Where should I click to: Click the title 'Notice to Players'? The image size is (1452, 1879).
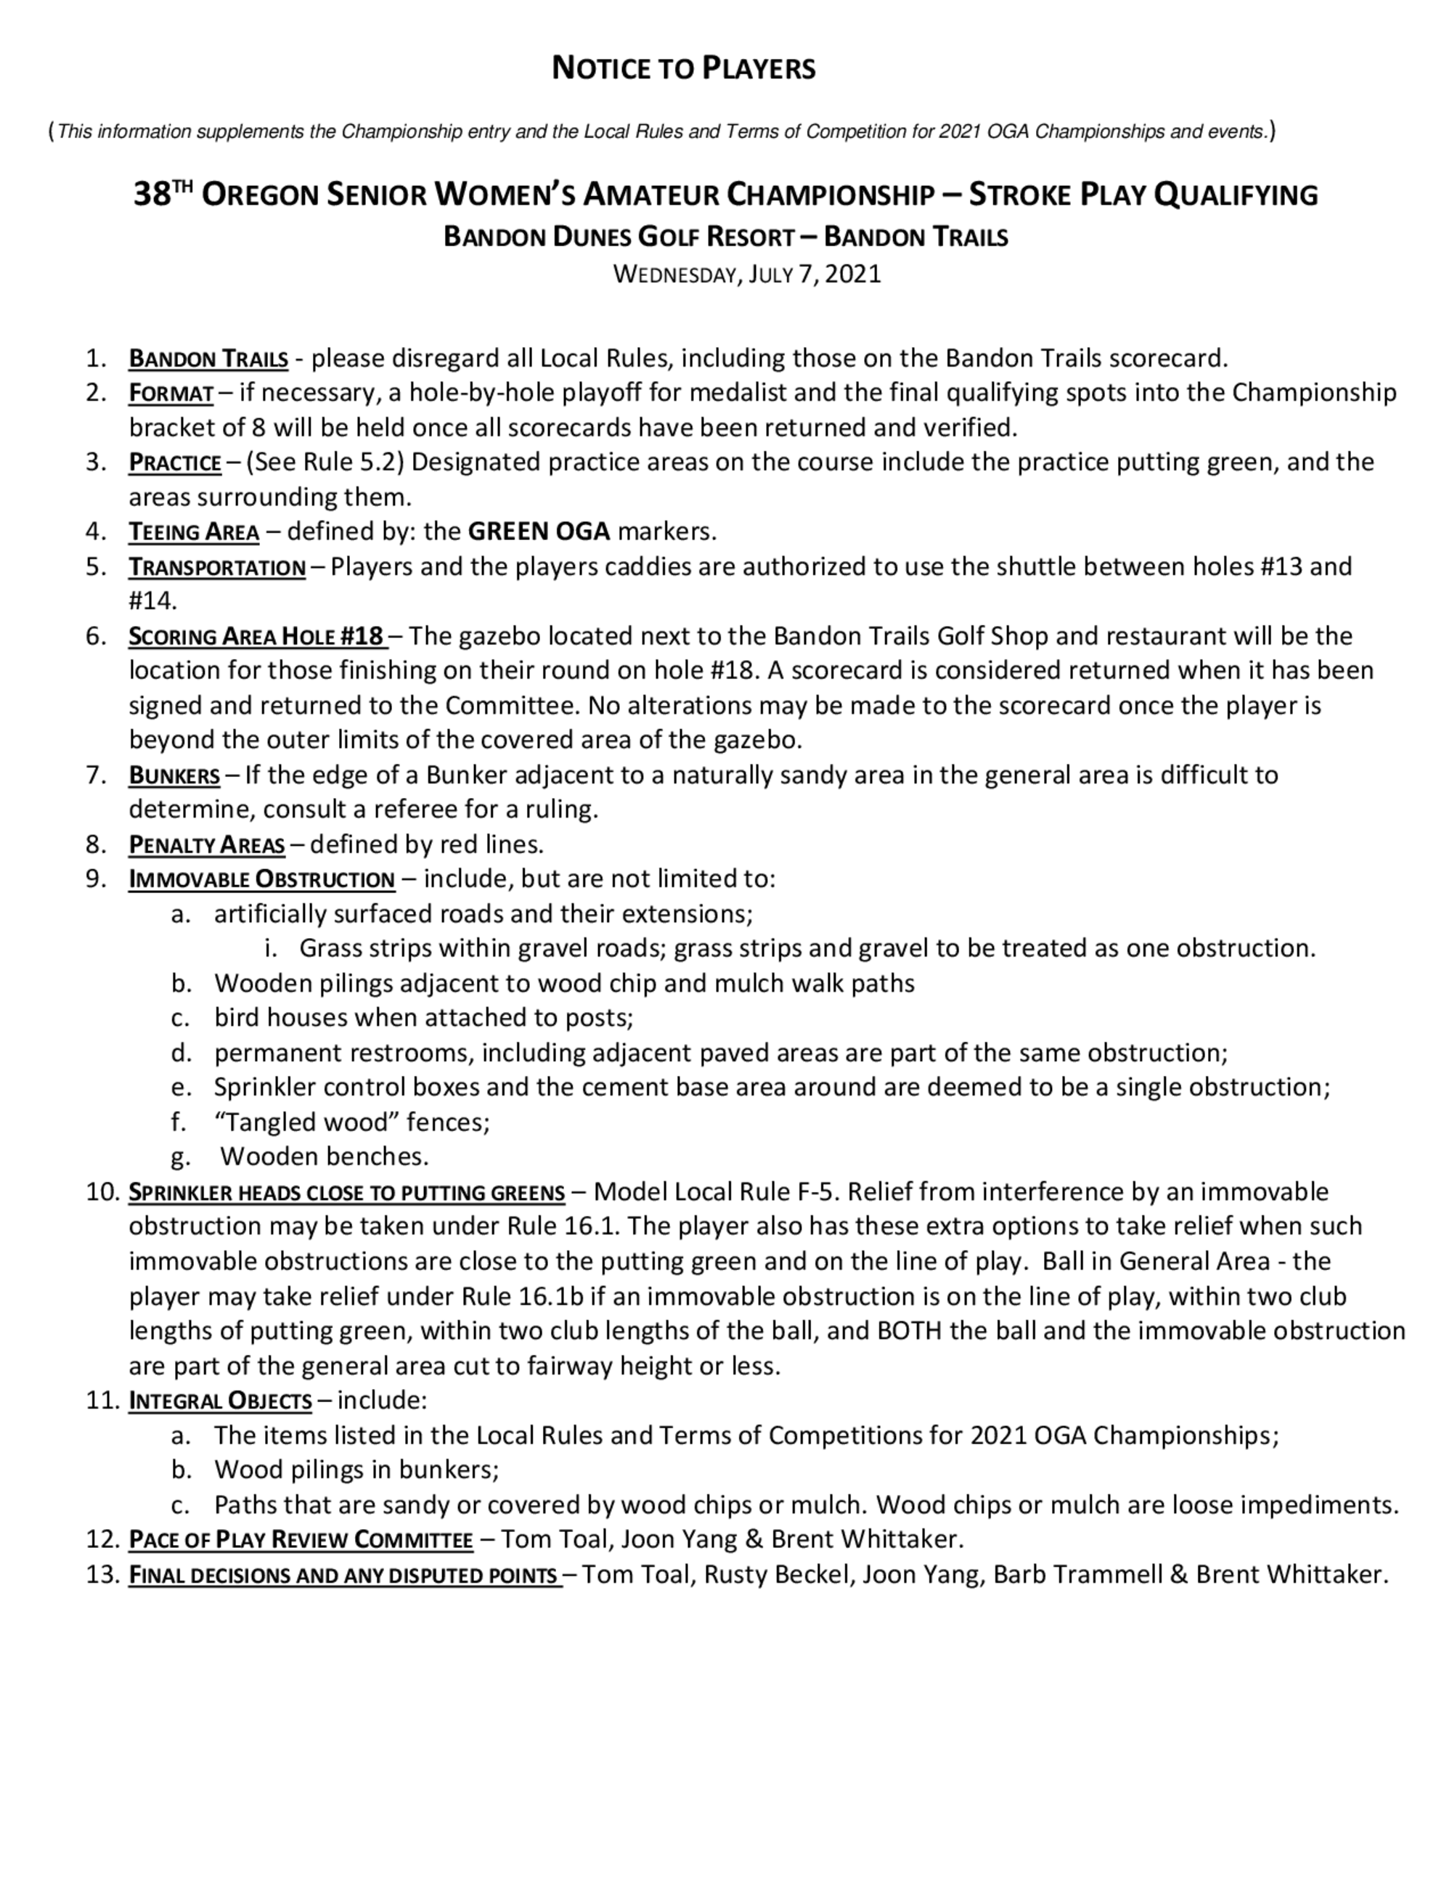coord(683,68)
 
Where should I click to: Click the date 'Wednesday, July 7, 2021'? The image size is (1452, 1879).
coord(746,274)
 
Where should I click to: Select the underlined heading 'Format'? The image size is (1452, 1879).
coord(171,394)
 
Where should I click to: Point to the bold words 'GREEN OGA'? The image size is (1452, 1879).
coord(539,531)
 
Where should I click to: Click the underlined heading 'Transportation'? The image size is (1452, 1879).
coord(217,568)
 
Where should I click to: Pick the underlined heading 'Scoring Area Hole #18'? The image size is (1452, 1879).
coord(256,637)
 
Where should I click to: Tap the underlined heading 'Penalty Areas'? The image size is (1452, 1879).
coord(206,846)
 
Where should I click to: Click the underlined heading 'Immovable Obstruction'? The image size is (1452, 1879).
coord(261,880)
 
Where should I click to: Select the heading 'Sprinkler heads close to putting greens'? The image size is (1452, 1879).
coord(346,1194)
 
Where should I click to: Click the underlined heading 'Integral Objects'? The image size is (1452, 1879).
coord(220,1401)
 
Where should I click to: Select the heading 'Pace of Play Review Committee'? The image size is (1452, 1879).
coord(301,1539)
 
